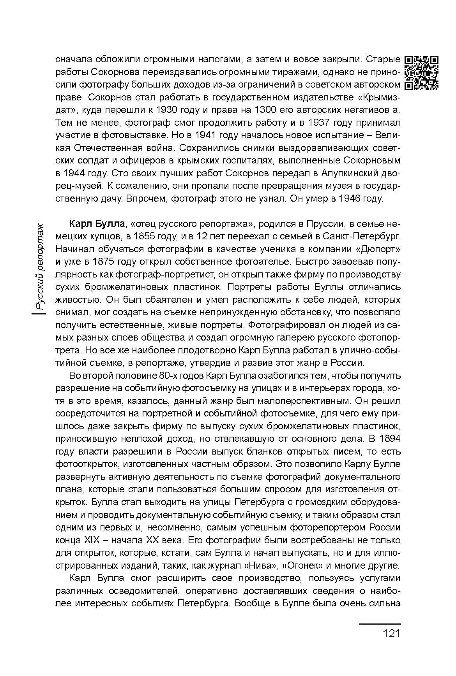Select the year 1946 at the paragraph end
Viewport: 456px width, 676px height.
pos(353,198)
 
